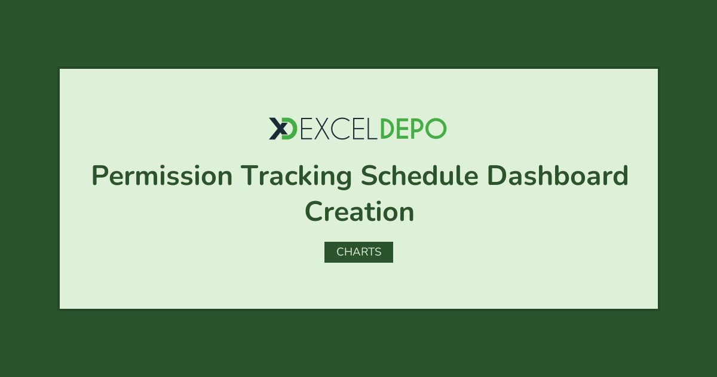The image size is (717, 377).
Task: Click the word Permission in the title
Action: [x=162, y=176]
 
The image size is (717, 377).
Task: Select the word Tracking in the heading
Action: [x=296, y=177]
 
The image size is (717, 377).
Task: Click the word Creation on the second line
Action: [x=360, y=211]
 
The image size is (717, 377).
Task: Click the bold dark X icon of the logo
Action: [x=278, y=129]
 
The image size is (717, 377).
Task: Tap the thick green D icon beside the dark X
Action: [x=290, y=129]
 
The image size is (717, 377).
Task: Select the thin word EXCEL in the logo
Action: [x=339, y=129]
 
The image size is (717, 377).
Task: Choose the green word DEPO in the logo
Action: [x=413, y=129]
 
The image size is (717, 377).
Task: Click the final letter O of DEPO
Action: [x=436, y=129]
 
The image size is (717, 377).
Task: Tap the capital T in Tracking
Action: [x=250, y=175]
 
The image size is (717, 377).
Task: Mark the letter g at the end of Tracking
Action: [x=344, y=180]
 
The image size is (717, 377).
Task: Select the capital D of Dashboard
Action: [x=497, y=175]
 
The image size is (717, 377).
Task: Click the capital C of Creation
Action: [x=314, y=211]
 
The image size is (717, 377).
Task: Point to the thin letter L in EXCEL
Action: [x=372, y=129]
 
